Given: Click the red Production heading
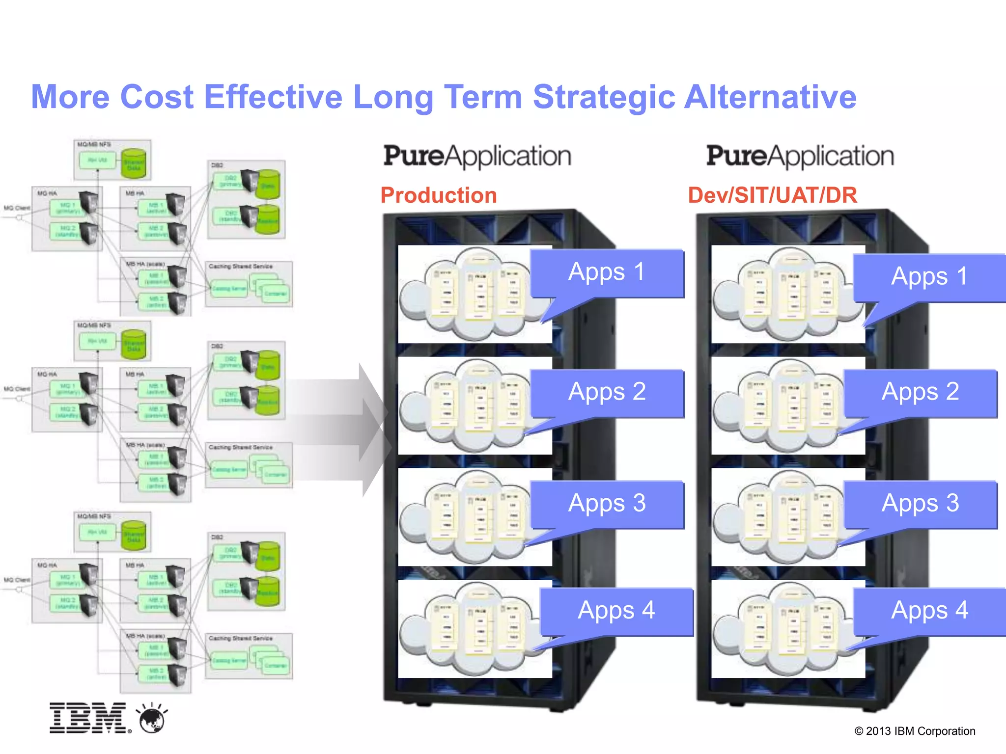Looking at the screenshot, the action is point(439,195).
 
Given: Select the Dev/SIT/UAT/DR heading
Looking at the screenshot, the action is point(772,195).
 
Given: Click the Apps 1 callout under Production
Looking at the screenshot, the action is point(607,273).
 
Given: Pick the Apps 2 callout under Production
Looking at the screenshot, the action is point(607,393).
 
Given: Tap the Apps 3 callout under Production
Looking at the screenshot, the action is point(607,504).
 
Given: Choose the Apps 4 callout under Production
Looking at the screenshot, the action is point(616,612).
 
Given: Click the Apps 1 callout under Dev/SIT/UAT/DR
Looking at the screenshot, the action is point(929,277).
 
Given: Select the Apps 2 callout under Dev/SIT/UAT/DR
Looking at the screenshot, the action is point(921,393).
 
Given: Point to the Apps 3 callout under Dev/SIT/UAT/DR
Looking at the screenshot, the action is point(921,504).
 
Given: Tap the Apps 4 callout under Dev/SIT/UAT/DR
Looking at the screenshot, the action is point(929,612).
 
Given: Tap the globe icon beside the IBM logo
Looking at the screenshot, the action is point(152,719).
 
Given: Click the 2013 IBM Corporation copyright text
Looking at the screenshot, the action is point(915,731).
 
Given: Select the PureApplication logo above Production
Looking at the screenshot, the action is point(477,156).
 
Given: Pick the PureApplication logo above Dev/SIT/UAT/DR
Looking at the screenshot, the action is point(800,156).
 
